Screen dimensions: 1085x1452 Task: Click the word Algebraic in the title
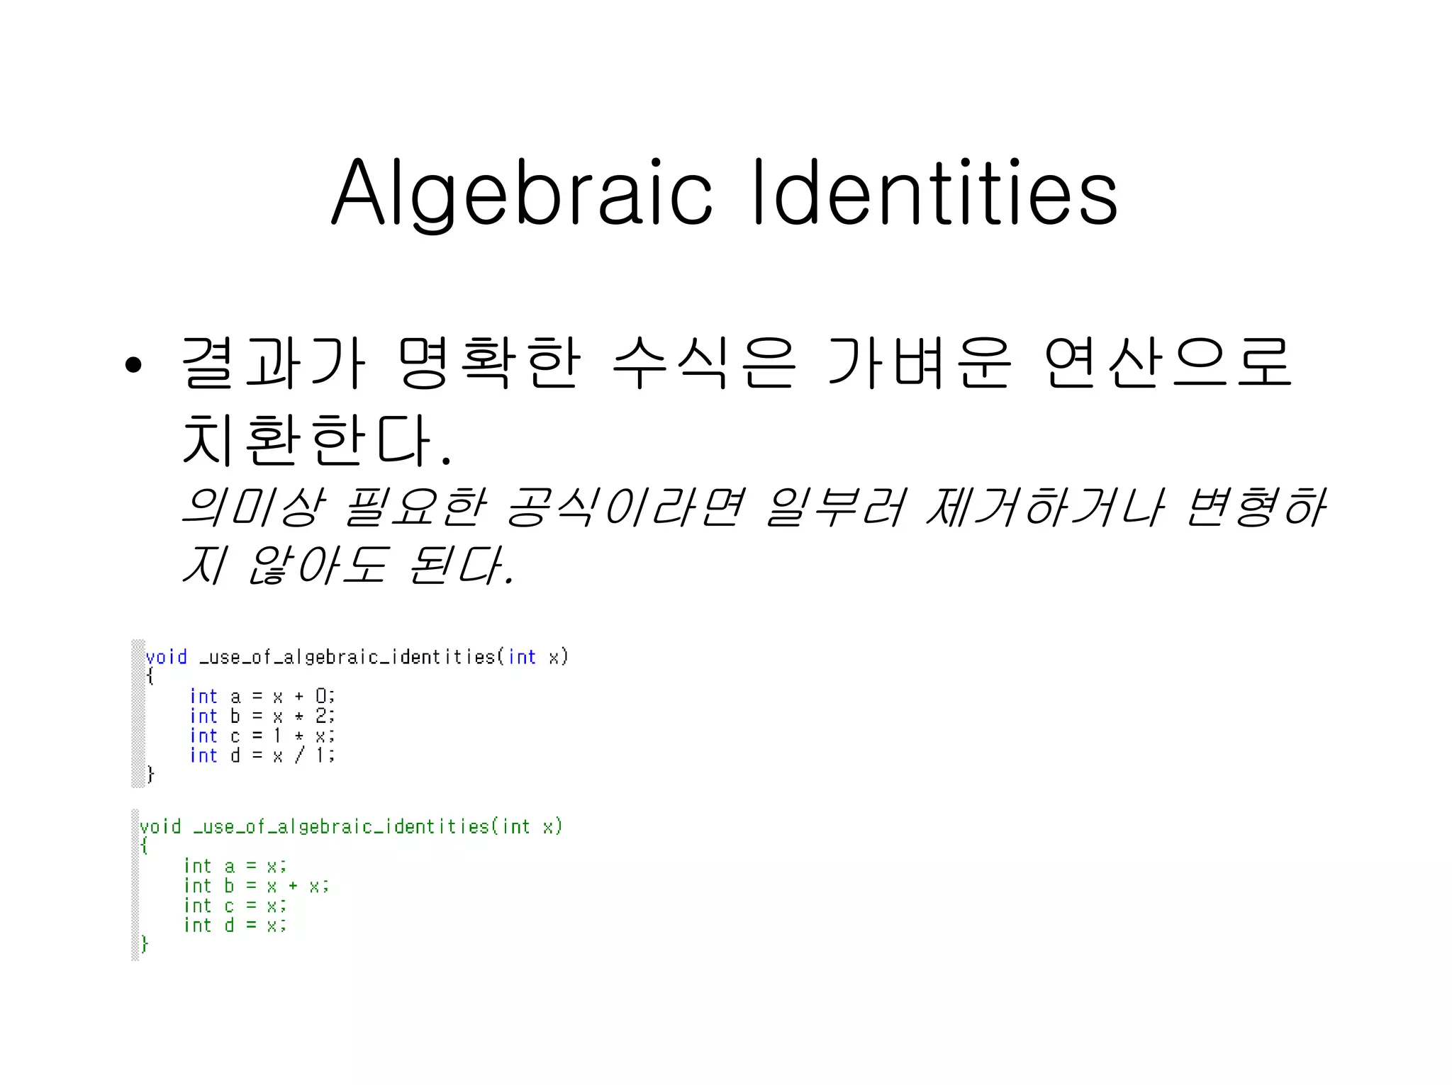521,193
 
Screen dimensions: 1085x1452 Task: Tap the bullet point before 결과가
133,366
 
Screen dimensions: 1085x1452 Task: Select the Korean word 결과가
274,363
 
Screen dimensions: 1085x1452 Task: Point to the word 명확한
489,363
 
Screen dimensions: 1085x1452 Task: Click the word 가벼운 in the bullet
920,363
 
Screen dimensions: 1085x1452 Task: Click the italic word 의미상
253,507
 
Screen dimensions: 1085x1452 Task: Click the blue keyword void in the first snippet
167,657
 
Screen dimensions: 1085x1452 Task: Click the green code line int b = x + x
256,886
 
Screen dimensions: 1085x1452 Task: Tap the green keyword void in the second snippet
161,826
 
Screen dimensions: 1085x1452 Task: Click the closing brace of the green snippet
145,944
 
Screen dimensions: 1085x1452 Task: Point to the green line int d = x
235,926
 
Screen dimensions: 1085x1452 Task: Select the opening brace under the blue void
150,676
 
